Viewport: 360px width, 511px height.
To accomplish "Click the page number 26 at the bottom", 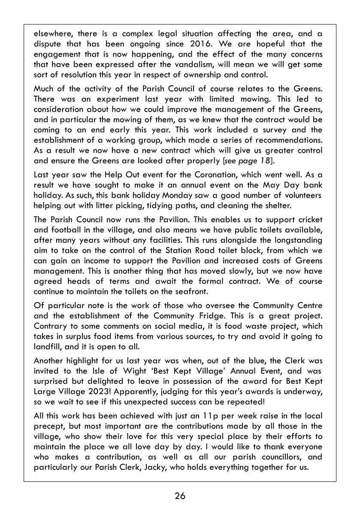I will point(180,496).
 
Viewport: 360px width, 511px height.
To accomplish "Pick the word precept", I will point(48,426).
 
